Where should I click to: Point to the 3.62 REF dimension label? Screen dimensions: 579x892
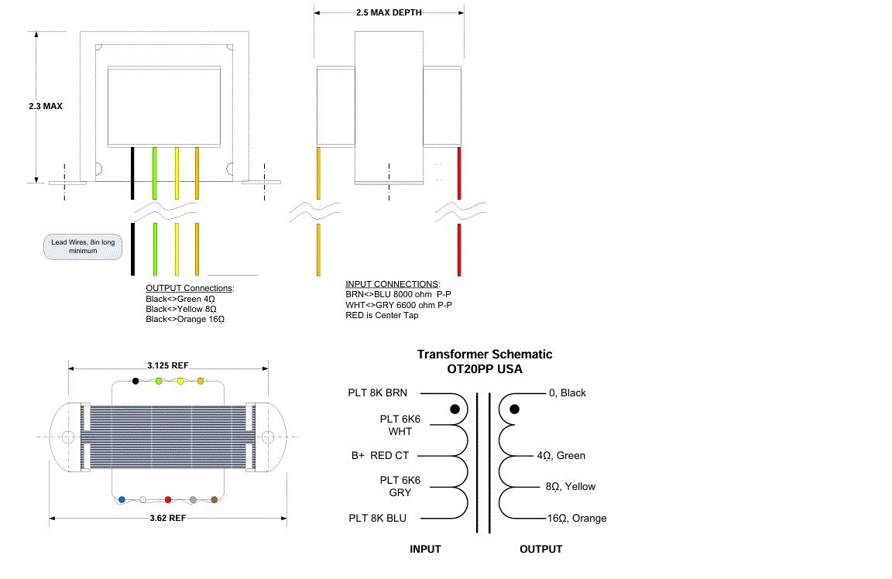[x=168, y=517]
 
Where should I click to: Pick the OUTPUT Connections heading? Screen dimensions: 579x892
[x=190, y=288]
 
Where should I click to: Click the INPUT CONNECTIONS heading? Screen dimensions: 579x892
[x=393, y=284]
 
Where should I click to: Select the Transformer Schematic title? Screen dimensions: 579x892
[x=485, y=354]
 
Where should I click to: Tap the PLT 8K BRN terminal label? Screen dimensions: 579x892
[x=377, y=392]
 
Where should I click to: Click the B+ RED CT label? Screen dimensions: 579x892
[x=379, y=456]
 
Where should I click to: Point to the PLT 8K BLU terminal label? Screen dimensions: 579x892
[x=377, y=518]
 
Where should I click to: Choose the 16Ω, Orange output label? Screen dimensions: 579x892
[x=577, y=518]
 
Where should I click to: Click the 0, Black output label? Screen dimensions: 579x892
[x=568, y=392]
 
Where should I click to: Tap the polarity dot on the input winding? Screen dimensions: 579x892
[x=455, y=408]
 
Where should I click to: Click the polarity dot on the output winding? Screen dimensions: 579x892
[x=514, y=408]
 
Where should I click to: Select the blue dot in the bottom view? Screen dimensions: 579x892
[x=122, y=500]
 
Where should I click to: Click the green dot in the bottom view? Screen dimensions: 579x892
[x=159, y=381]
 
